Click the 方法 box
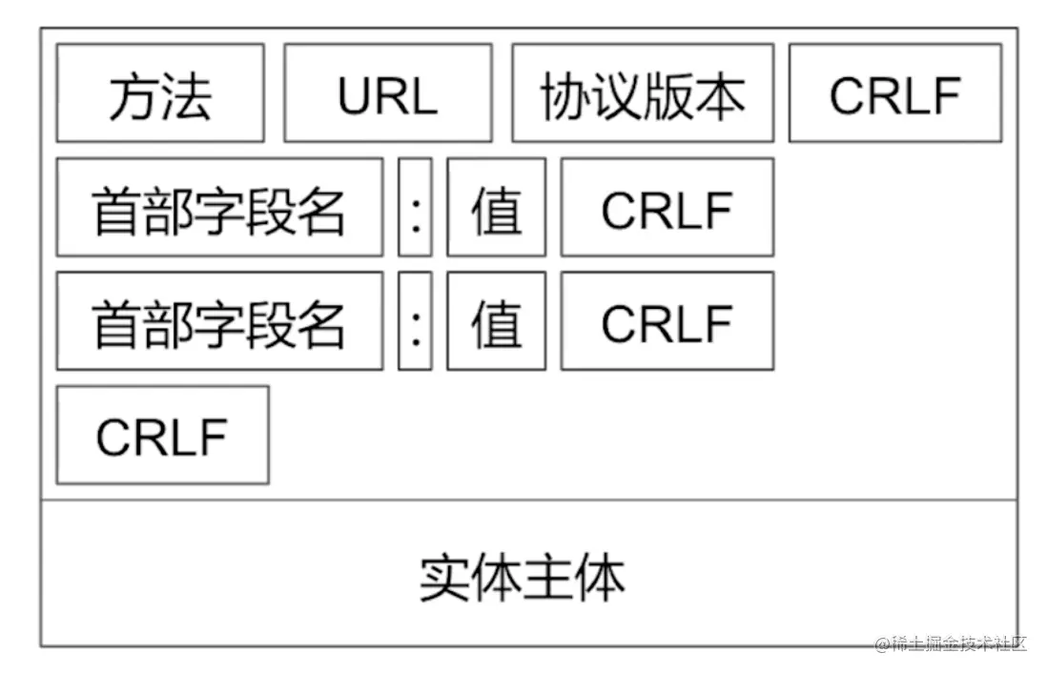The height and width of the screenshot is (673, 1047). tap(160, 93)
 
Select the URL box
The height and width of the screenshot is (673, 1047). tap(388, 93)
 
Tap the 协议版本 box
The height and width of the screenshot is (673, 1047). tap(643, 93)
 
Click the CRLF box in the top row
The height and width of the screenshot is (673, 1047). tap(895, 93)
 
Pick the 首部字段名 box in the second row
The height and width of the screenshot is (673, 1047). tap(219, 208)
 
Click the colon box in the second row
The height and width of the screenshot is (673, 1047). tap(415, 208)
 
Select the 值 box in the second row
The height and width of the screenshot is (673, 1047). tap(497, 208)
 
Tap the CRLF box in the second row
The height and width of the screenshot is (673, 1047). tap(667, 208)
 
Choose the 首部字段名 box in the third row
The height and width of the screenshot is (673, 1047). tap(219, 321)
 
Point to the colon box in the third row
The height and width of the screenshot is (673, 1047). tap(415, 321)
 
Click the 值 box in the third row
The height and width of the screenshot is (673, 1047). tap(497, 321)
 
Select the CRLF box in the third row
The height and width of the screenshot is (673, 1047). tap(667, 321)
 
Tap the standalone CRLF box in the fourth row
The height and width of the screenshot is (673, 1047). tap(162, 436)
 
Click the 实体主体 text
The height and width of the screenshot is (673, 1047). tap(523, 578)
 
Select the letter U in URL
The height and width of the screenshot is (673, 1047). tap(354, 95)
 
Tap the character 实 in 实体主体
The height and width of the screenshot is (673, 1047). tap(445, 578)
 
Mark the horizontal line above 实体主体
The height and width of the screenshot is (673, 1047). tap(528, 499)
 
